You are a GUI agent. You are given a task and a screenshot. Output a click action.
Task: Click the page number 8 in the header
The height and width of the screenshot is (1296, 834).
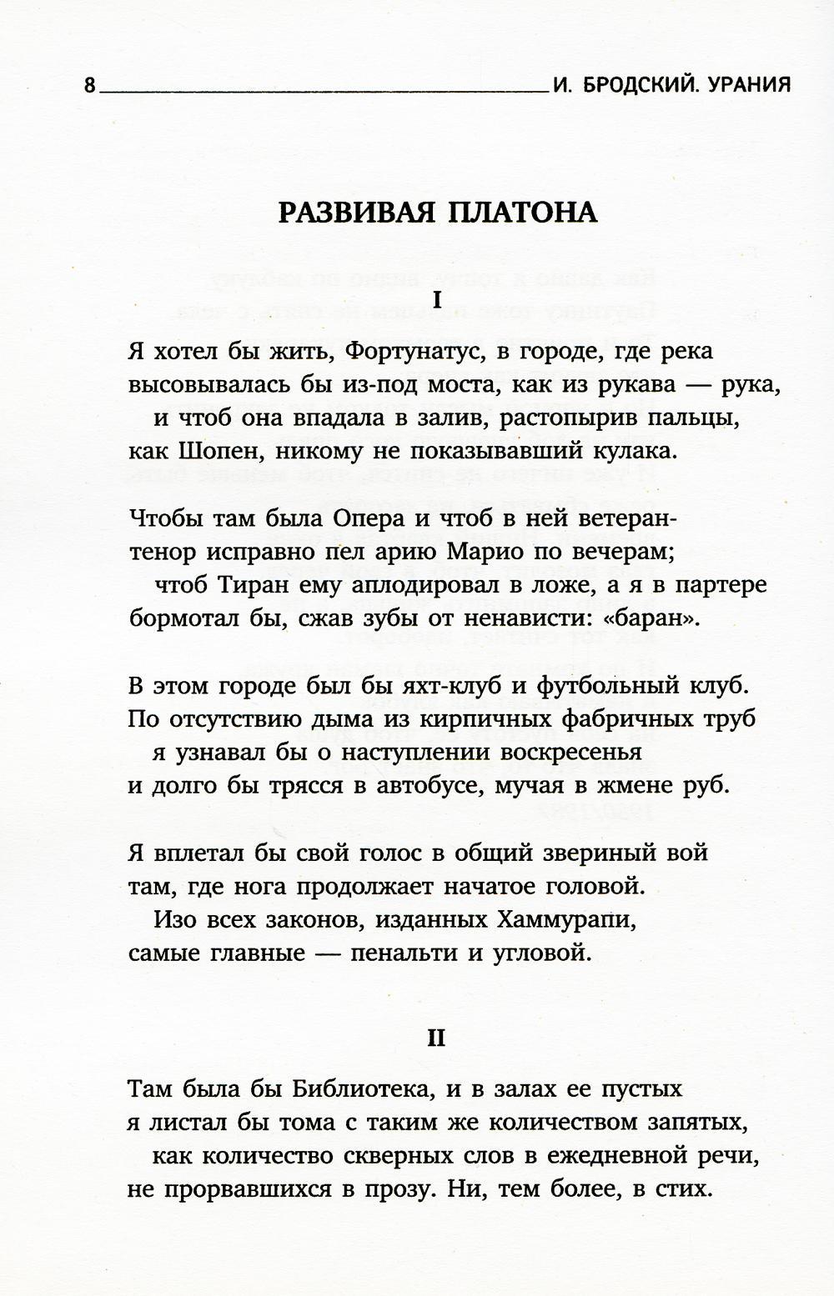pyautogui.click(x=91, y=86)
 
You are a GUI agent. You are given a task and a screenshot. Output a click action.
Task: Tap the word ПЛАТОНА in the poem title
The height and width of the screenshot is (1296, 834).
pyautogui.click(x=523, y=213)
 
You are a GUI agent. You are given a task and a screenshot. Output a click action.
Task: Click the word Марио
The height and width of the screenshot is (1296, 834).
pyautogui.click(x=492, y=552)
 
